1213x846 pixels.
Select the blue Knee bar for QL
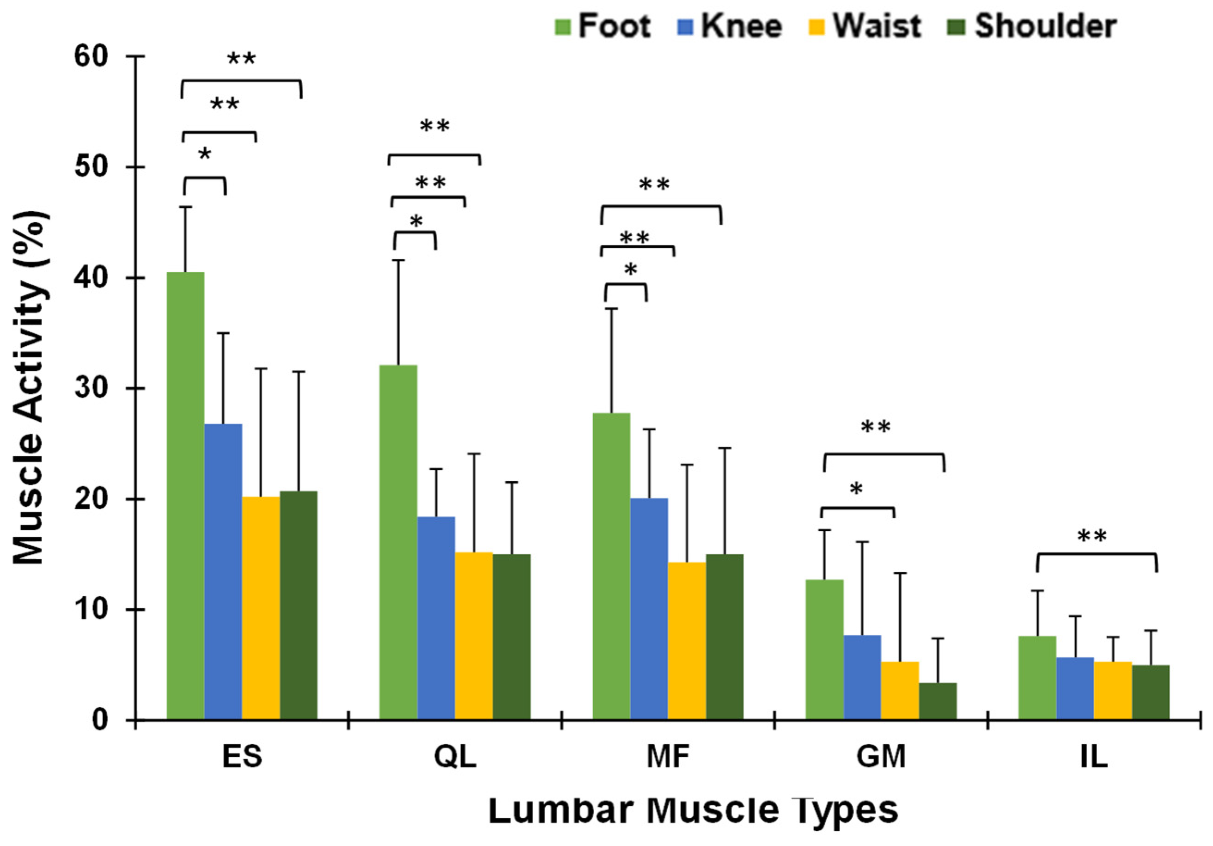click(436, 618)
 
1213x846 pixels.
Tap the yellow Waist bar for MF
click(687, 640)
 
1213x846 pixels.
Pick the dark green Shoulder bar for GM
click(938, 701)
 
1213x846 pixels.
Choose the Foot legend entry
click(603, 25)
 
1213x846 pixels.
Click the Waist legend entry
click(865, 25)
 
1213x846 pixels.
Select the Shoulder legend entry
click(1033, 25)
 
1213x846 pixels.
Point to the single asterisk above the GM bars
click(856, 489)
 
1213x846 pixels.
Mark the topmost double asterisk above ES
click(241, 59)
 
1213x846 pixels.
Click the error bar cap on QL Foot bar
click(398, 260)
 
